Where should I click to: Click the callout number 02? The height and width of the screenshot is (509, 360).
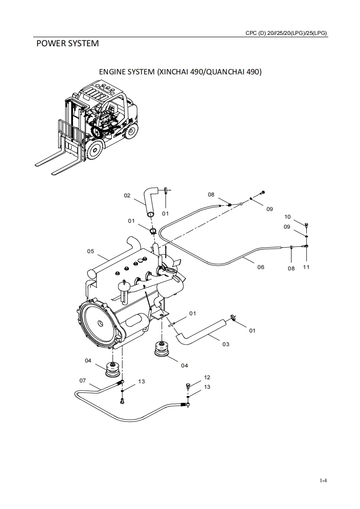click(x=127, y=196)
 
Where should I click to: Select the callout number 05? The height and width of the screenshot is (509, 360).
click(x=91, y=251)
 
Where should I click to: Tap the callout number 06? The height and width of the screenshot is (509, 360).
click(x=261, y=267)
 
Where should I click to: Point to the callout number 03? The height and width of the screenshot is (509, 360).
click(x=226, y=344)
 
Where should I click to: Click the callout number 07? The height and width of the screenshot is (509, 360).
click(x=83, y=381)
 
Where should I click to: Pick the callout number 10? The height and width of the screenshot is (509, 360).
click(x=287, y=217)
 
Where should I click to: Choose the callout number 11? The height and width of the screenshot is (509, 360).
click(x=306, y=267)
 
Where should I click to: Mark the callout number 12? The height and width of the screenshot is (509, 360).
click(x=207, y=377)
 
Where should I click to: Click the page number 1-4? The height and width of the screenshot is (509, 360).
click(x=323, y=480)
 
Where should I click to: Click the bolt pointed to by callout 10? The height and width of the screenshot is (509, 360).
click(x=307, y=225)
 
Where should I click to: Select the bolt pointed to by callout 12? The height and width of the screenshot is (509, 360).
click(x=187, y=385)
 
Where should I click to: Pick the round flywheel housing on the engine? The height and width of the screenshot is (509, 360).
click(x=98, y=323)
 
